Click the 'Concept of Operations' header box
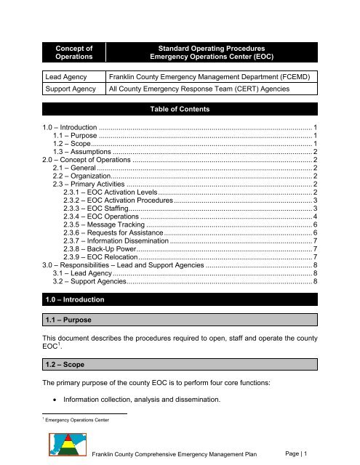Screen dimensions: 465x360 71,54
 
